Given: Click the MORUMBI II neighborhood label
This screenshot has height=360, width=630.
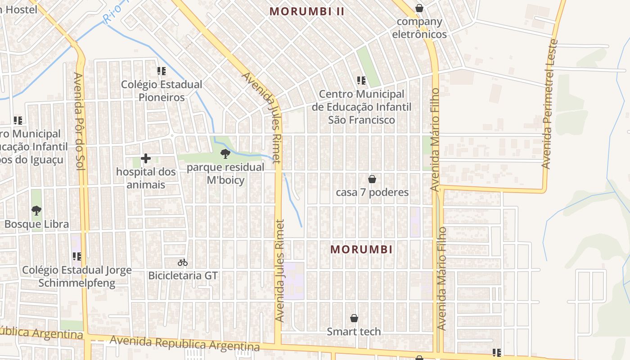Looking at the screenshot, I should point(307,12).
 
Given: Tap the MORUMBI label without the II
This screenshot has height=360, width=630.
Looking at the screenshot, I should point(361,249).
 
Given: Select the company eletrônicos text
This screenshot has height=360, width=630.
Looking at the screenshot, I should point(419,28).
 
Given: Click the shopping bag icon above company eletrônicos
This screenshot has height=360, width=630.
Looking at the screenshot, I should point(419,8).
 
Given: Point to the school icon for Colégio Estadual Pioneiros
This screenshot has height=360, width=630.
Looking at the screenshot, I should point(162,71).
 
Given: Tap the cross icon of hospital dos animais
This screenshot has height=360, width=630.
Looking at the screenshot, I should point(146,158).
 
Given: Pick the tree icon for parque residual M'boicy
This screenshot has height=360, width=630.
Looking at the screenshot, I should point(225,154).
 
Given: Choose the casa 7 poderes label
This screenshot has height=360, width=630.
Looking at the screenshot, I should point(372,193).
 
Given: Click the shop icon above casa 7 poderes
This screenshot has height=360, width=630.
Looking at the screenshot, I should point(372,179).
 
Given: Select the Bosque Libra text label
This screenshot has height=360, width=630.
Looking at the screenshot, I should point(36,224).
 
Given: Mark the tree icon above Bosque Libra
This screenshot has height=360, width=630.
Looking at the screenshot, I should point(36,210).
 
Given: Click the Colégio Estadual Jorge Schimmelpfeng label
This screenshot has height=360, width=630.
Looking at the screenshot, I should point(77,276).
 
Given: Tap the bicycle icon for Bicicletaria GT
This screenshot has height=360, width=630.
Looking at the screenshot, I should point(183,262).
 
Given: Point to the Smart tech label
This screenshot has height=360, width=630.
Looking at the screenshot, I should point(354,332).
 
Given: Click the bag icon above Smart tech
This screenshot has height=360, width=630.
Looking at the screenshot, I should point(354,319).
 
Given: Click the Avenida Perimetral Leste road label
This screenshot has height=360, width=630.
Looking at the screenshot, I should point(550,103).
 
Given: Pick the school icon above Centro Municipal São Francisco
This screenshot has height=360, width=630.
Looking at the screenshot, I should point(361,81).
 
